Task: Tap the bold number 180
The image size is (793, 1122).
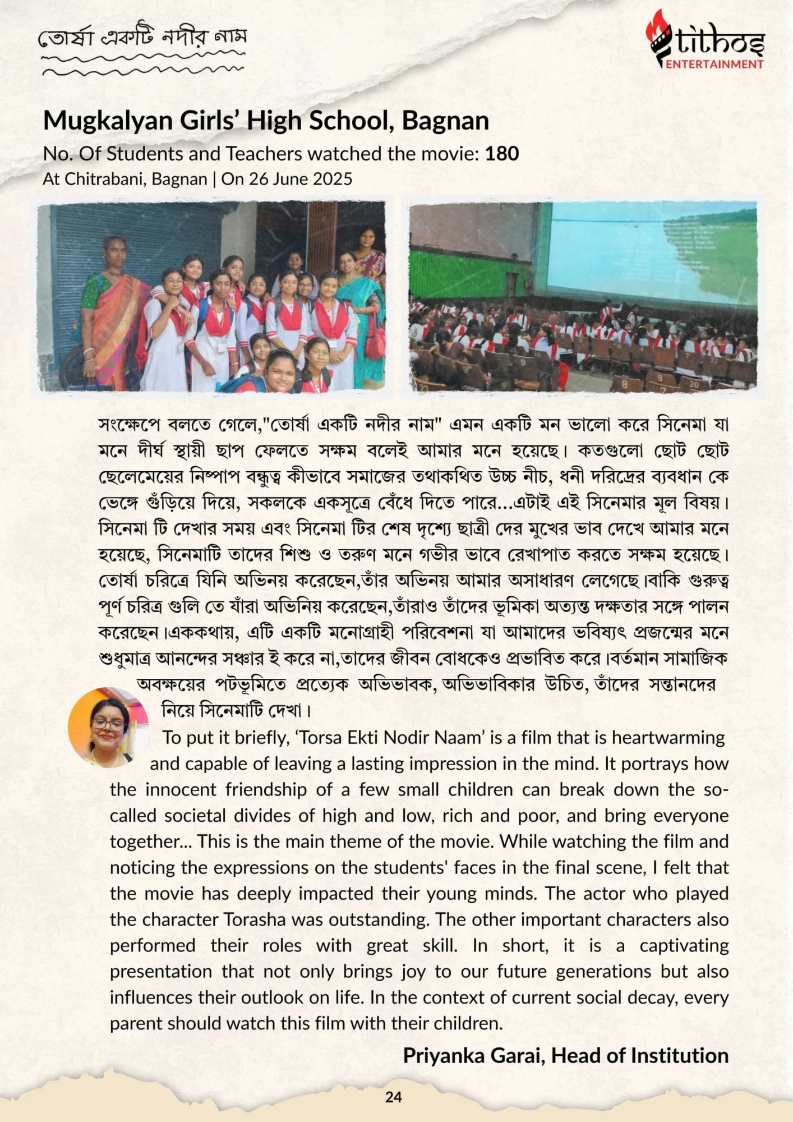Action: click(502, 154)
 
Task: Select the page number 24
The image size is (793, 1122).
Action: click(394, 1097)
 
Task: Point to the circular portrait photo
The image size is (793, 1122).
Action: click(108, 727)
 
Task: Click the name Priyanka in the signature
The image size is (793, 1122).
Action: click(443, 1056)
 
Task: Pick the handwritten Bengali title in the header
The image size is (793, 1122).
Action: click(143, 38)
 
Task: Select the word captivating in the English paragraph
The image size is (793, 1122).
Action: click(684, 946)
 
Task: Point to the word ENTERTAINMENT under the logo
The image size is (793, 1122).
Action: click(714, 64)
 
